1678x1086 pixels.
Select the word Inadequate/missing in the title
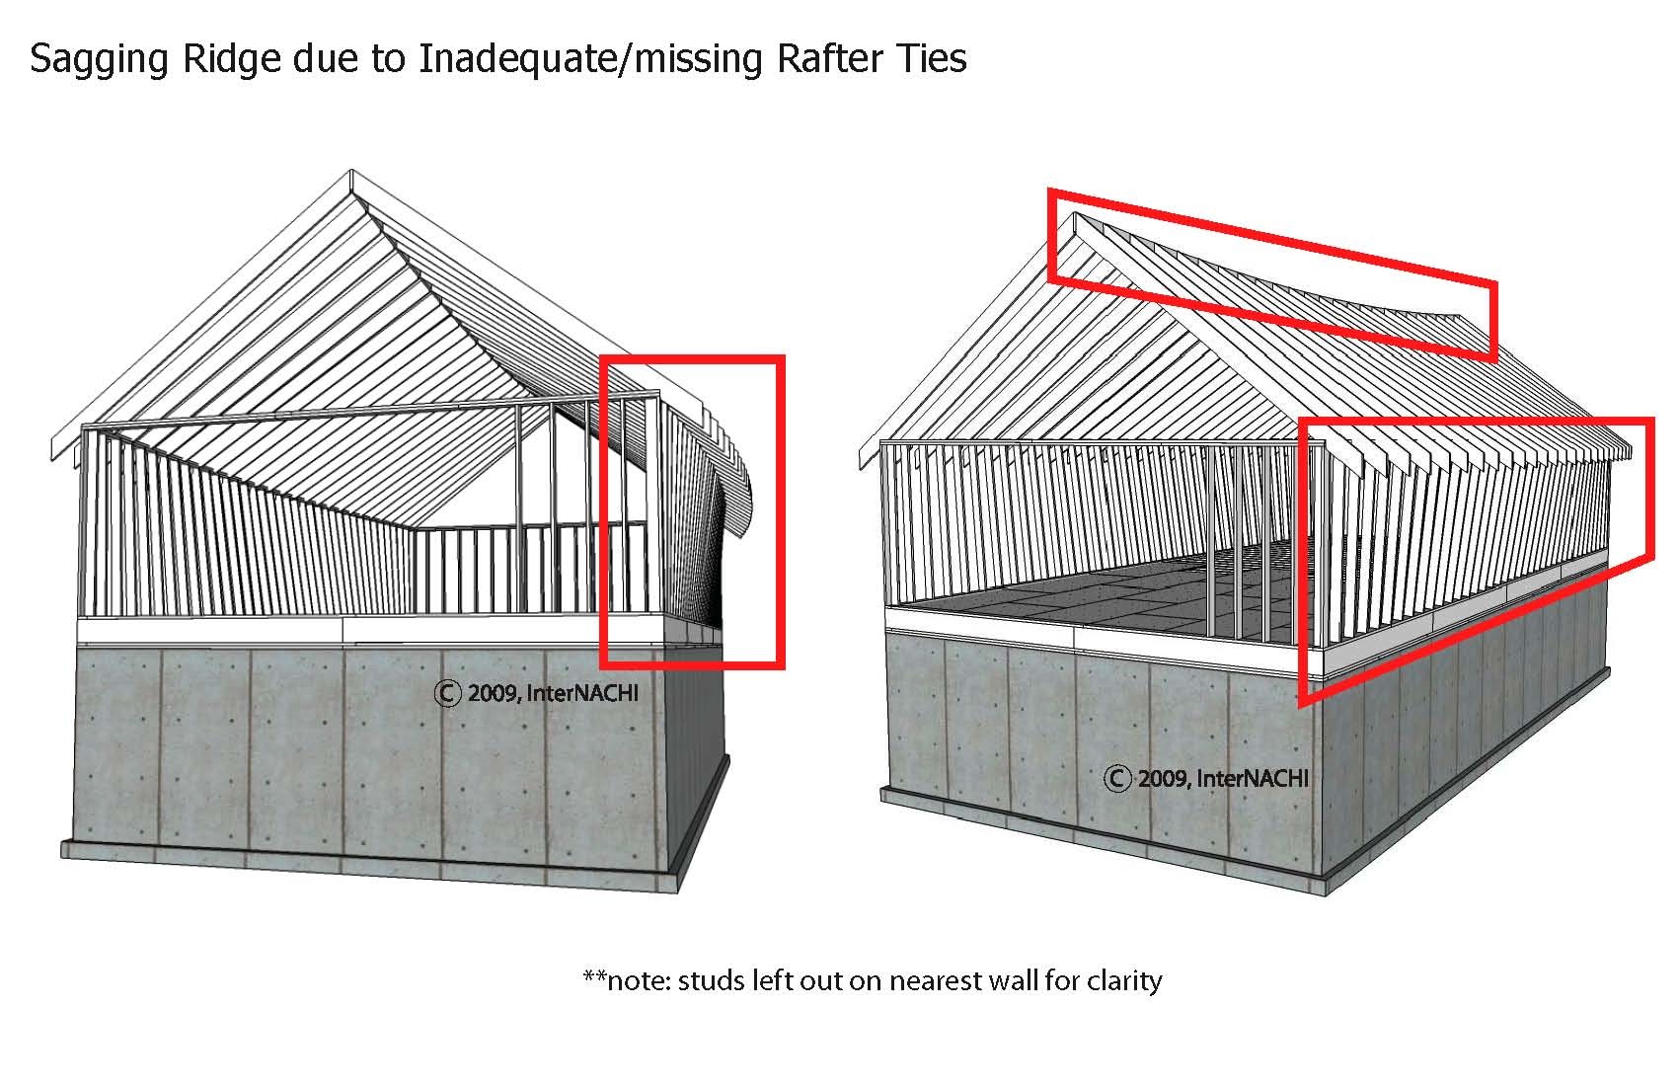pyautogui.click(x=590, y=60)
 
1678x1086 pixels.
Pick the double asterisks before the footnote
pyautogui.click(x=594, y=977)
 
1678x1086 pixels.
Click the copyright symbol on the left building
pyautogui.click(x=447, y=693)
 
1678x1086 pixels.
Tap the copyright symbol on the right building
pyautogui.click(x=1117, y=779)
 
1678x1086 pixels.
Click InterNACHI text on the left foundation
pyautogui.click(x=582, y=693)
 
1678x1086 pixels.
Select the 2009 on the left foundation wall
pyautogui.click(x=492, y=693)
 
